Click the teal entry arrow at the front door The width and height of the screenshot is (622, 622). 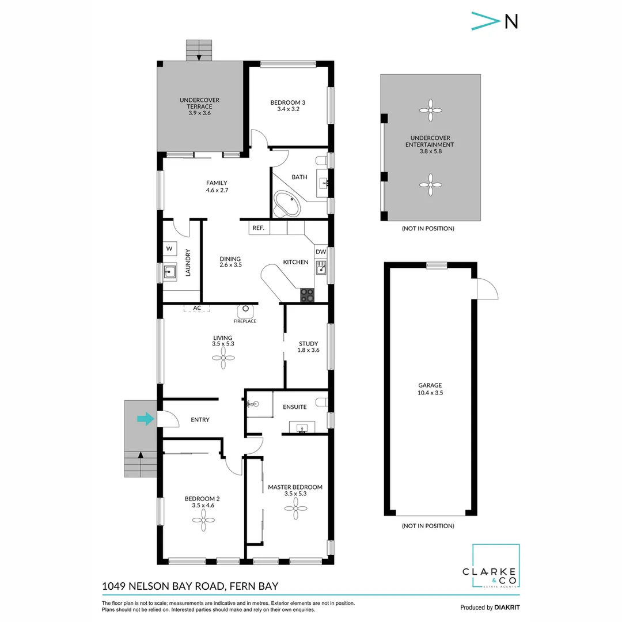click(x=146, y=419)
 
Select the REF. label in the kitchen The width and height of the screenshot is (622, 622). click(x=258, y=229)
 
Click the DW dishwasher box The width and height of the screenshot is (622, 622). click(x=321, y=252)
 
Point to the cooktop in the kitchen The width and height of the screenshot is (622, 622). click(x=308, y=295)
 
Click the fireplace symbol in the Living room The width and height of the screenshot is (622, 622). click(x=245, y=310)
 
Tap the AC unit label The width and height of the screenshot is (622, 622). click(x=197, y=308)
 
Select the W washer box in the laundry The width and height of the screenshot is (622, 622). click(x=169, y=249)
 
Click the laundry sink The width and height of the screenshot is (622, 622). click(x=170, y=272)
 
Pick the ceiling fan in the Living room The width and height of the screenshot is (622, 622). click(x=223, y=360)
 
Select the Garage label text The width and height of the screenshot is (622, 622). click(x=430, y=385)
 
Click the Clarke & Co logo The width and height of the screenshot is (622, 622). click(x=495, y=567)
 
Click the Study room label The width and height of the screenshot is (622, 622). click(x=308, y=344)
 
